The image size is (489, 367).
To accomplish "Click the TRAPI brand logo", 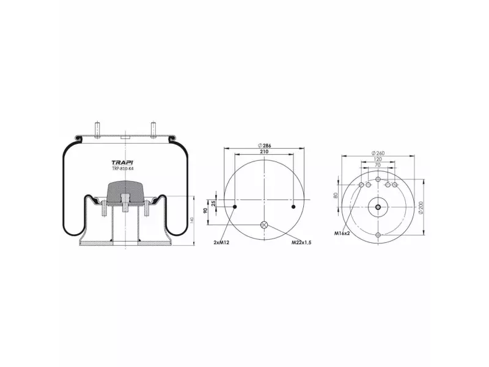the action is pos(123,163).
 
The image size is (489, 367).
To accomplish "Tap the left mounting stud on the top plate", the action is pos(98,129).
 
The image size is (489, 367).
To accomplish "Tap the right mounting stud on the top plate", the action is pos(153,129).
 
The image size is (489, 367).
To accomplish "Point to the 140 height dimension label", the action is pos(192,220).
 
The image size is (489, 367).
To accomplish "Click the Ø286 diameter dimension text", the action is pos(265,146).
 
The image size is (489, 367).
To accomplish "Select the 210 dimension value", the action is pos(264,152).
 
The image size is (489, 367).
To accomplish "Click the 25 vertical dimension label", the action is pos(213,204).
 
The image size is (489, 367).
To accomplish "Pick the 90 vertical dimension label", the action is pos(205,210).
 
